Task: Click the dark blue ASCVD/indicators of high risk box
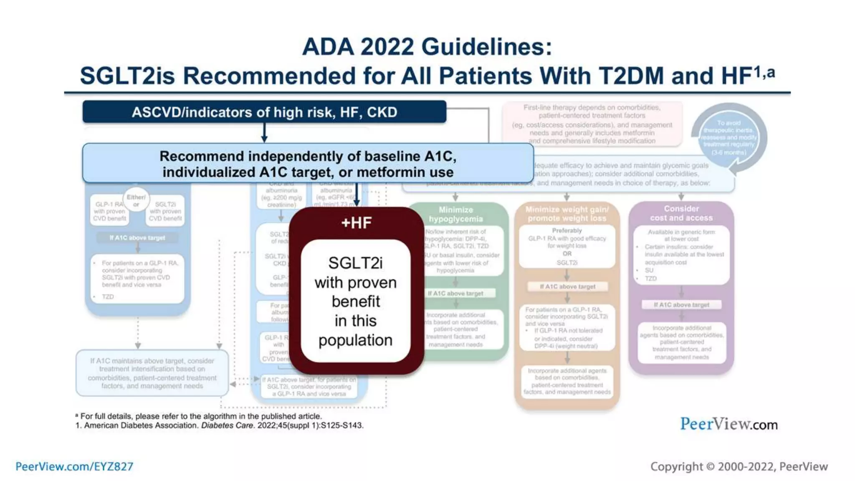point(264,112)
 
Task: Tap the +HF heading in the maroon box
point(356,223)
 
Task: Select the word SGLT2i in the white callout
point(355,263)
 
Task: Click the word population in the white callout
point(355,340)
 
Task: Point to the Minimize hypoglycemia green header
point(455,214)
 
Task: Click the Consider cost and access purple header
point(681,213)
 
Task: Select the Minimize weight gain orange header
point(567,214)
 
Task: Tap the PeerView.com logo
point(729,424)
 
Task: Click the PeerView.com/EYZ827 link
point(74,466)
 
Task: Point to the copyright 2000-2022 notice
point(739,466)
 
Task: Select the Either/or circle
point(136,200)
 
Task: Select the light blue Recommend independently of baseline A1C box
point(308,164)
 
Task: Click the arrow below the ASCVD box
point(264,133)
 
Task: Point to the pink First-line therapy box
point(592,124)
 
